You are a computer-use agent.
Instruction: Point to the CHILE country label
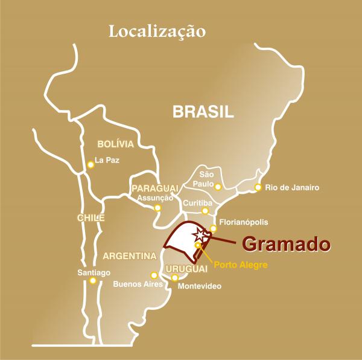pos(91,217)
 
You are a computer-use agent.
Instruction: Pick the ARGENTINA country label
pos(130,256)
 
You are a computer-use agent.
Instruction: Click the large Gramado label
pos(287,243)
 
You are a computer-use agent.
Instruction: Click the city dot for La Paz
pos(91,163)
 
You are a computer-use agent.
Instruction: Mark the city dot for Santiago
pos(92,280)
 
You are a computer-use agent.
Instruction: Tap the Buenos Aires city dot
pos(154,275)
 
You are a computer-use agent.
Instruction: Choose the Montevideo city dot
pos(175,277)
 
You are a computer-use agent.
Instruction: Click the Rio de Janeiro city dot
pos(258,187)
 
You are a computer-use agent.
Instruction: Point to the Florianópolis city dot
pos(213,228)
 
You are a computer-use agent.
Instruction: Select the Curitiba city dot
pos(205,211)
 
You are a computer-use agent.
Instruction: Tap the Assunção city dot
pos(157,208)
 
